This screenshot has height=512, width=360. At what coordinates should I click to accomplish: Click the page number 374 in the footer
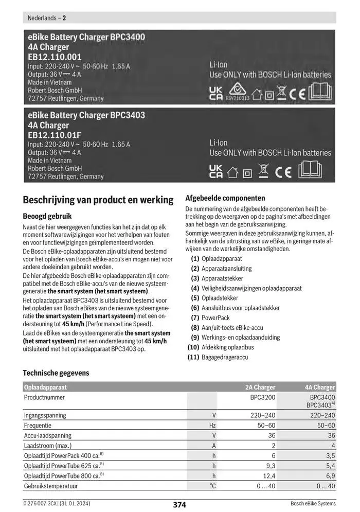pos(179,505)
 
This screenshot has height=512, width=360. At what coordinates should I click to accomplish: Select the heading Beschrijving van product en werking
pos(98,200)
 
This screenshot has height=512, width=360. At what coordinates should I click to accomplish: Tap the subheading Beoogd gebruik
pos(47,217)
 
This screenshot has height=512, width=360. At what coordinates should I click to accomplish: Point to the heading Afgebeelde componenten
pos(225,198)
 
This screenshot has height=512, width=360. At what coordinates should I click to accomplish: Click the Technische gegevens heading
pos(56,373)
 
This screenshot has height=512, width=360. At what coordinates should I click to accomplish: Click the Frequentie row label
pos(38,426)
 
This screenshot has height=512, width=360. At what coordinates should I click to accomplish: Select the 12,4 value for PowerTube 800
pos(269,476)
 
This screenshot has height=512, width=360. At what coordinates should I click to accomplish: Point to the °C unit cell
pos(212,486)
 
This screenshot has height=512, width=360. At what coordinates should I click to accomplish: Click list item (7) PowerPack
pos(210,317)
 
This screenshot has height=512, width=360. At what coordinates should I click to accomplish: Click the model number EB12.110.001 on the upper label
pos(55,57)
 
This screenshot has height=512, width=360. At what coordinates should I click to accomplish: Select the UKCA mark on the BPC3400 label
pos(216,93)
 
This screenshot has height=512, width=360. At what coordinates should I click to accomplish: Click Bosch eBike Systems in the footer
pos(313,504)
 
